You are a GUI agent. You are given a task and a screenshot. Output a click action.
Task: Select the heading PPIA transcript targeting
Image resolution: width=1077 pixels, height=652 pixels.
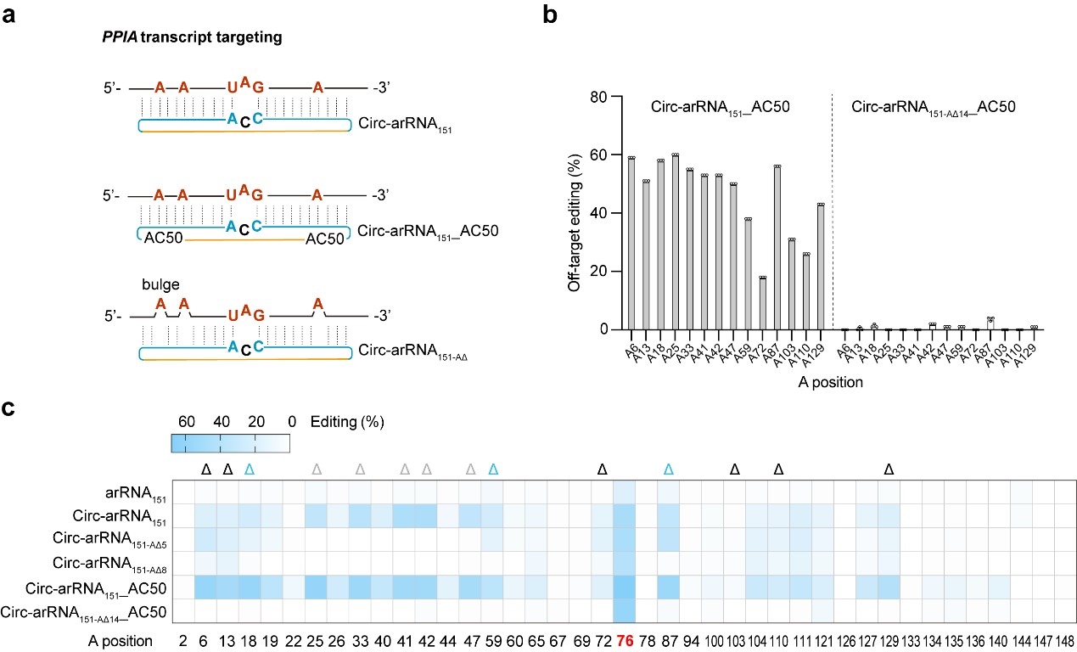(163, 38)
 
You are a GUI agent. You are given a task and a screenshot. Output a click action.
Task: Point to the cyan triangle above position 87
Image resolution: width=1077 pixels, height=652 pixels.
(668, 469)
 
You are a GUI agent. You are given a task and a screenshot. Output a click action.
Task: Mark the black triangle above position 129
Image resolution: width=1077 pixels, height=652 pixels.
(889, 469)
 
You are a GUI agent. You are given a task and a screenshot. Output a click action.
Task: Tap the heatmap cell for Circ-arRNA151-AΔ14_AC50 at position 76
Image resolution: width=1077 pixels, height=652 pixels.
(624, 611)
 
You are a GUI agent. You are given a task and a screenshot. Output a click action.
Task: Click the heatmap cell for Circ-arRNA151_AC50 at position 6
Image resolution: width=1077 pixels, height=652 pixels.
(205, 587)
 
